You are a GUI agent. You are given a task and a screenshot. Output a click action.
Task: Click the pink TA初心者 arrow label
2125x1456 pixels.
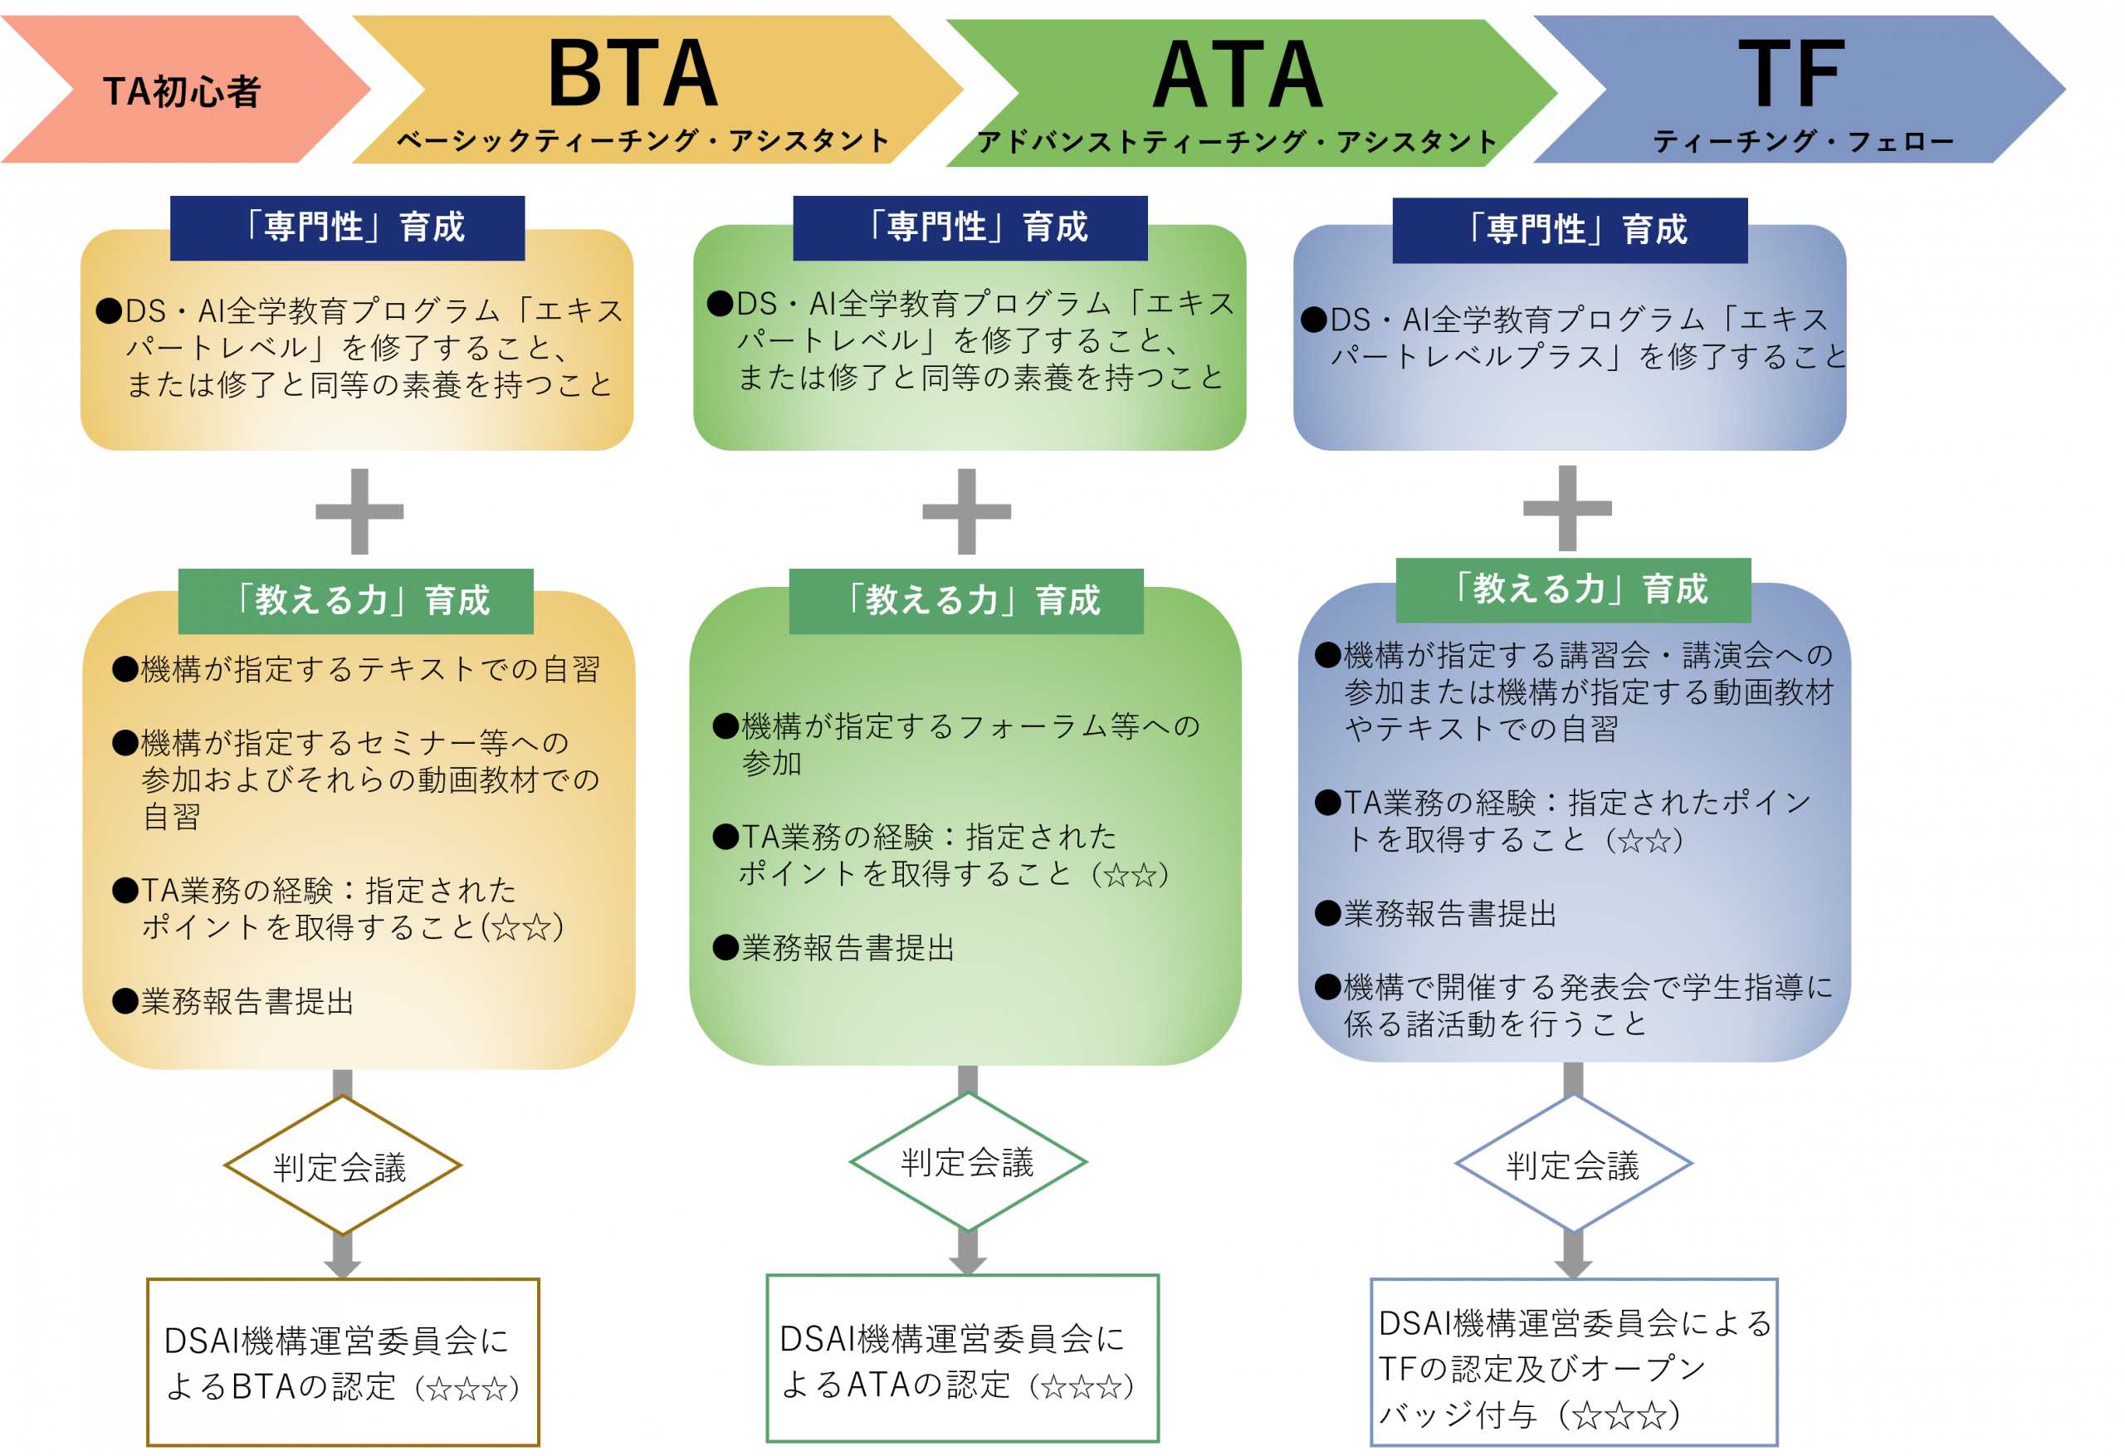tap(182, 91)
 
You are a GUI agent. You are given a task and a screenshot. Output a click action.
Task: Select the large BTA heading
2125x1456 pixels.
tap(633, 75)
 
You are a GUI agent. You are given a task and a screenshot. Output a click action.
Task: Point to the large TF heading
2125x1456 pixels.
tap(1791, 75)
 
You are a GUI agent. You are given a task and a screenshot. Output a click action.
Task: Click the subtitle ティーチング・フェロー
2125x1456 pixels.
tap(1803, 142)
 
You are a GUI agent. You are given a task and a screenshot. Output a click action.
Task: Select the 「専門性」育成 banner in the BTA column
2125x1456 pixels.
tap(348, 227)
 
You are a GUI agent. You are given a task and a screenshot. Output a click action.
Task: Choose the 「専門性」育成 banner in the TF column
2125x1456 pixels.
tap(1570, 231)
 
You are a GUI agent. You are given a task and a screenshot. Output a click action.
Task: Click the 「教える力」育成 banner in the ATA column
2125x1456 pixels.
tap(966, 601)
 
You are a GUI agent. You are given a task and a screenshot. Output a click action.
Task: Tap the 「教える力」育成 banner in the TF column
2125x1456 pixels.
tap(1574, 590)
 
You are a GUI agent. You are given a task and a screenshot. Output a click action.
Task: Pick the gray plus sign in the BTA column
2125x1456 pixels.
tap(359, 511)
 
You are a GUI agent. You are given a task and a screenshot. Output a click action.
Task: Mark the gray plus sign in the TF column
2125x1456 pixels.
tap(1567, 509)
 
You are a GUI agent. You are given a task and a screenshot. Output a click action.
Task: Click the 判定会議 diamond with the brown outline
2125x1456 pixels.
tap(342, 1166)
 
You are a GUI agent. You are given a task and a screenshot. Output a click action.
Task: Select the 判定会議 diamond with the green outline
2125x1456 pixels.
tap(967, 1162)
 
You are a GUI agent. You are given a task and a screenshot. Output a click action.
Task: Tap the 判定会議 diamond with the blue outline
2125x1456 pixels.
tap(1574, 1165)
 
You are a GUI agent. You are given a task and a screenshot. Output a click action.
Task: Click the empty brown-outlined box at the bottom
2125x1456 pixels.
tap(343, 1362)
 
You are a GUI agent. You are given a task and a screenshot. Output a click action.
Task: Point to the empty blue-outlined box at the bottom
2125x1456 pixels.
tap(1575, 1362)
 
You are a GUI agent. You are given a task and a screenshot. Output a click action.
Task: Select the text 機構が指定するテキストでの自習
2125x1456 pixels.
tap(370, 669)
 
